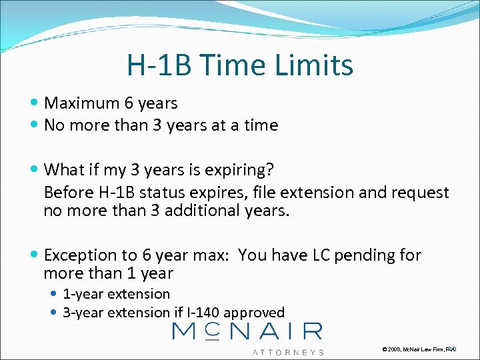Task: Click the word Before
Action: pos(66,193)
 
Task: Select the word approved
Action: pos(254,313)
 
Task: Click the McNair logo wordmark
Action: pos(247,331)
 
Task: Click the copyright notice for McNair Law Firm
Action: pos(418,349)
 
